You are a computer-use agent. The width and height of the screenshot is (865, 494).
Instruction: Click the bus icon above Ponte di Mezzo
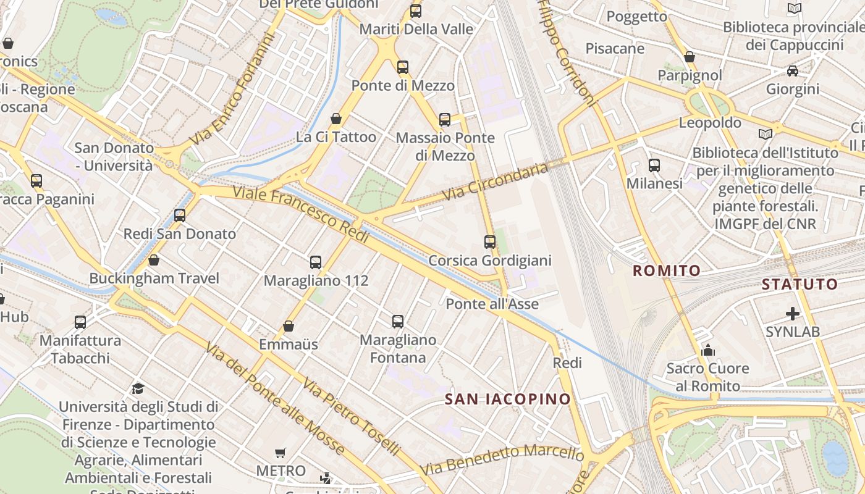point(403,67)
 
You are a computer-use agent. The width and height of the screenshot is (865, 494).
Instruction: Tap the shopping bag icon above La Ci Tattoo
point(336,119)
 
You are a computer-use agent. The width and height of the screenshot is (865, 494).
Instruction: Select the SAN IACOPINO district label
point(508,399)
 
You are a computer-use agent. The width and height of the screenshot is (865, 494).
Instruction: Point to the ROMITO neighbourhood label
point(667,270)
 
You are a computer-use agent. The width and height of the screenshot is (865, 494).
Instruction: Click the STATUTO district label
point(800,285)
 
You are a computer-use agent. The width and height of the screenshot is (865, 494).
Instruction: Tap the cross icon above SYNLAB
point(793,314)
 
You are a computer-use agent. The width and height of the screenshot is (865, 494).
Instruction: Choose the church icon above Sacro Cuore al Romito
point(708,351)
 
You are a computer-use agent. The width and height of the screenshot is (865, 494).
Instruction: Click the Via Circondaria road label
point(496,182)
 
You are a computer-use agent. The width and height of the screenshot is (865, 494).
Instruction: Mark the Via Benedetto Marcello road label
point(502,460)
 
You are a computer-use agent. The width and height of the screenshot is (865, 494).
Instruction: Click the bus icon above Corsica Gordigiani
point(490,242)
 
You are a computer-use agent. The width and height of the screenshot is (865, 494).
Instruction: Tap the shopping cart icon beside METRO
point(281,453)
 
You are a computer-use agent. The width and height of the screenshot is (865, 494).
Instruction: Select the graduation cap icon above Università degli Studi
point(138,388)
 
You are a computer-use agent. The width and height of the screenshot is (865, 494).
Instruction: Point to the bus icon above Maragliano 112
point(316,262)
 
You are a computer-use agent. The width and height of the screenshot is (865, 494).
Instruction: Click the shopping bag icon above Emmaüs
point(289,326)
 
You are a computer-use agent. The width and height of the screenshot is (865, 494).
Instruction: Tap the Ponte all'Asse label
point(492,304)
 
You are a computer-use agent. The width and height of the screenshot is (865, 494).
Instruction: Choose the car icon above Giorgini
point(793,71)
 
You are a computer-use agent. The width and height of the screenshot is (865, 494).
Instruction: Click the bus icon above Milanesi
point(654,165)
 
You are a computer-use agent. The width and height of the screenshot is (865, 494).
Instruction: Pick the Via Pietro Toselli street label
point(351,416)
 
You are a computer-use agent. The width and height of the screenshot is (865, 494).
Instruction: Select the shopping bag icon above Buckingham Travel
point(154,260)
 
